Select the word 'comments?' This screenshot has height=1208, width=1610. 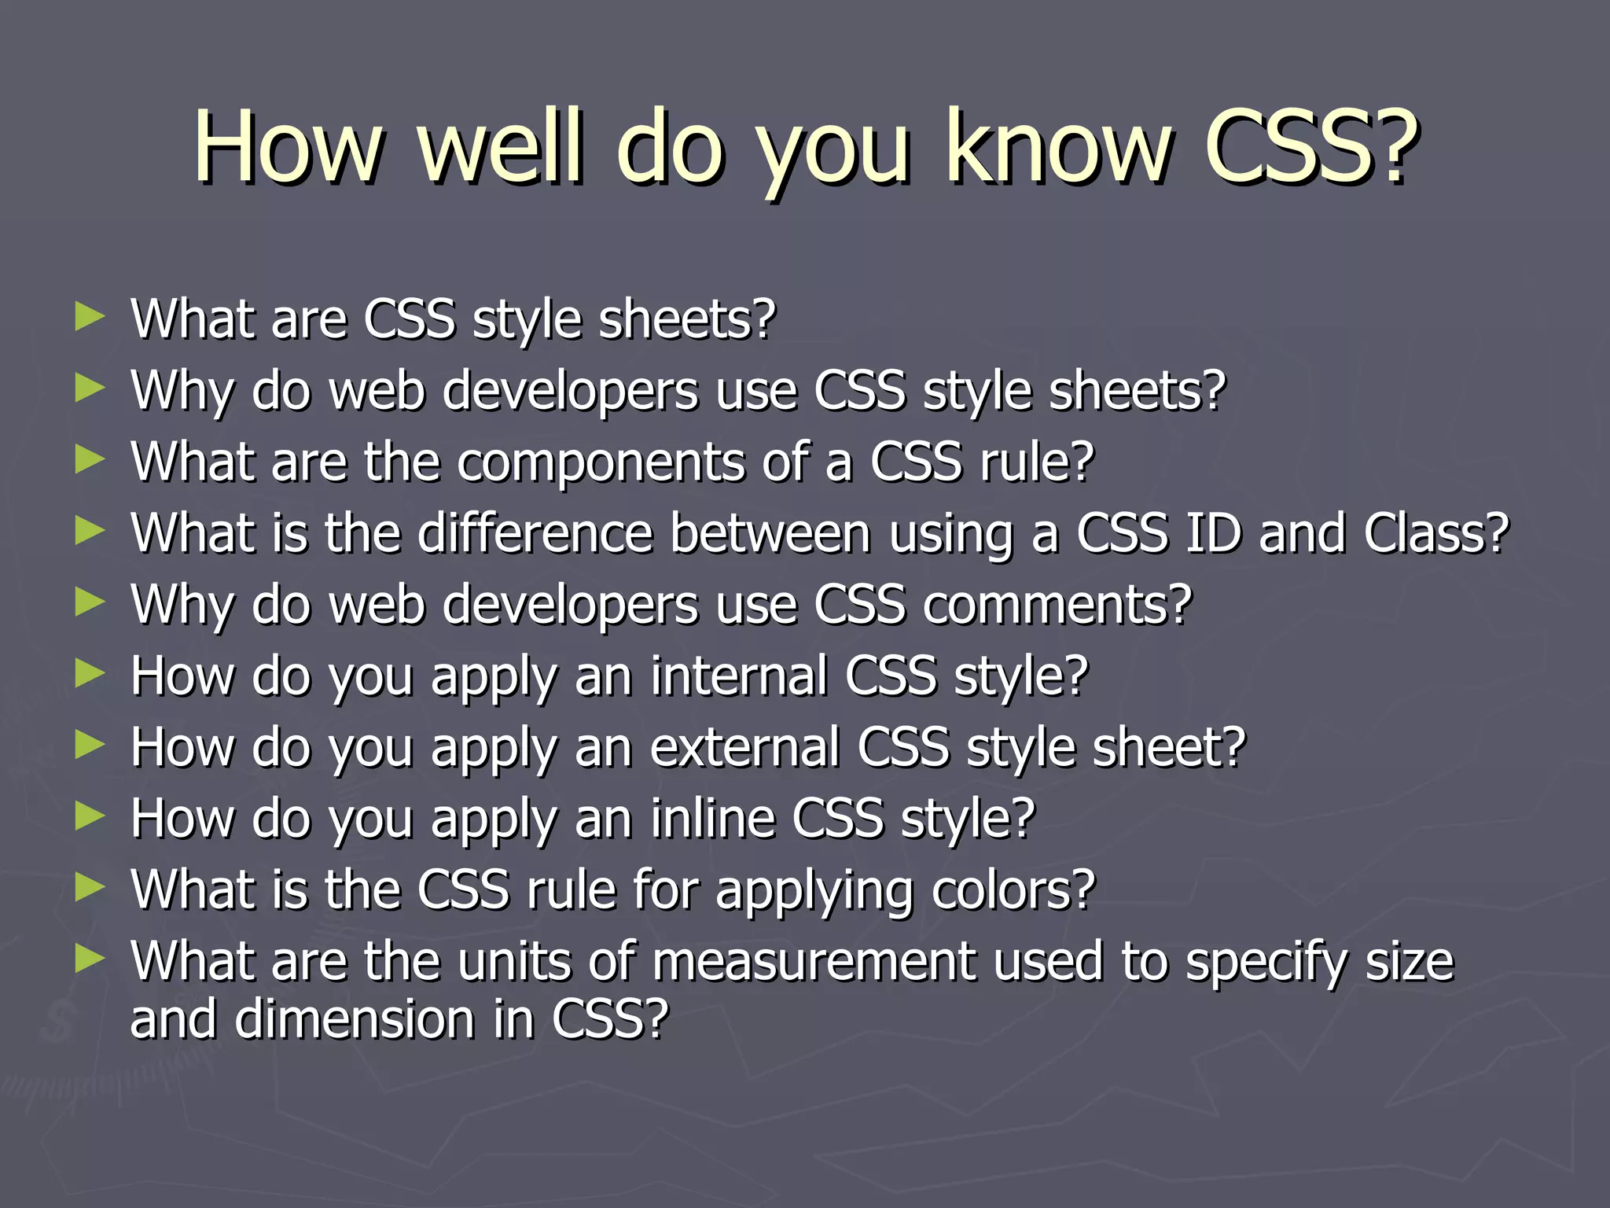click(x=1057, y=606)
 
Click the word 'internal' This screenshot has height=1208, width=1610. click(x=738, y=676)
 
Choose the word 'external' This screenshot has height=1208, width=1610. click(x=744, y=748)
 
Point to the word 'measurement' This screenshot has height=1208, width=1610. click(x=813, y=962)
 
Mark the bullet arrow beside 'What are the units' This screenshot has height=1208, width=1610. click(x=90, y=959)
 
